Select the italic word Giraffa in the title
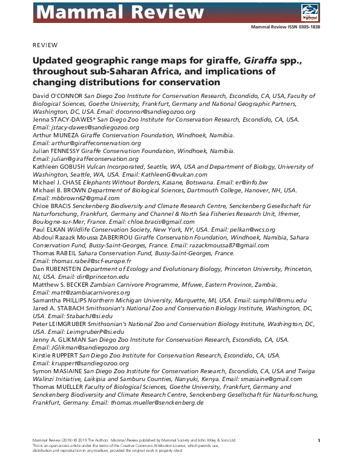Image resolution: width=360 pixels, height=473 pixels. tap(192, 61)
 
